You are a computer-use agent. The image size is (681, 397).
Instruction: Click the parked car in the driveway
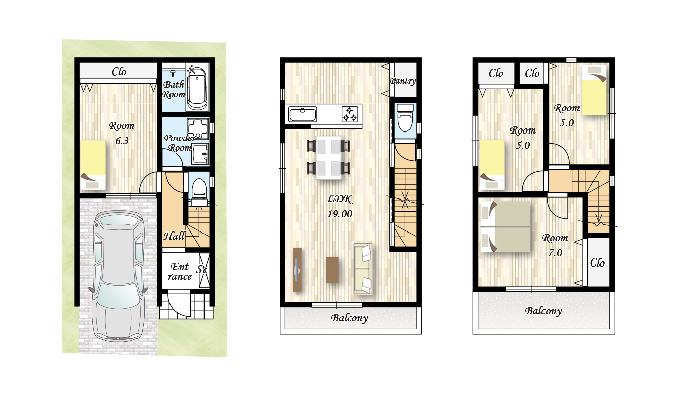click(119, 275)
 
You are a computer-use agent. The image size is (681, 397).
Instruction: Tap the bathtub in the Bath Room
click(197, 88)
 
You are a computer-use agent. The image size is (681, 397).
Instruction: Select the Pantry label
click(403, 81)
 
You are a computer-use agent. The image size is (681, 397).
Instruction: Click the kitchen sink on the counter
click(302, 115)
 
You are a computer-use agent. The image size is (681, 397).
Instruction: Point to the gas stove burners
click(349, 114)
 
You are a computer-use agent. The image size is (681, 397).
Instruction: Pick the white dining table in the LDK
click(328, 157)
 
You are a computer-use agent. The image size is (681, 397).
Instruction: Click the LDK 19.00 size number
click(339, 214)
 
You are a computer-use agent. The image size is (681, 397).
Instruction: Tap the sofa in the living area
click(363, 269)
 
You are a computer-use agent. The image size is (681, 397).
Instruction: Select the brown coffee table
click(332, 270)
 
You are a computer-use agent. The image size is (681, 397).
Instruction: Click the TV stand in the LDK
click(297, 270)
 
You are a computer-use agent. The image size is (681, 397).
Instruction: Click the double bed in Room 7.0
click(505, 226)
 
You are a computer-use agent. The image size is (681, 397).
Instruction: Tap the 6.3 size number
click(122, 141)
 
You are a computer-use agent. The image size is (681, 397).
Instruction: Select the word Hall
click(174, 236)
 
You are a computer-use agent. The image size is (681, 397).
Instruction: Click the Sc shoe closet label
click(202, 270)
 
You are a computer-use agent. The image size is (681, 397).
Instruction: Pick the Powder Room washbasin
click(200, 154)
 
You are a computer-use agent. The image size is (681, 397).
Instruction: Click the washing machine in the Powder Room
click(198, 128)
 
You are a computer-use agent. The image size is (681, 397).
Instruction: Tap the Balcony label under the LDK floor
click(350, 318)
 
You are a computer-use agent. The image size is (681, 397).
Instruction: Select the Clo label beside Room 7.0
click(597, 262)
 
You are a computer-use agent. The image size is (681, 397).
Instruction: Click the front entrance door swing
click(179, 303)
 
